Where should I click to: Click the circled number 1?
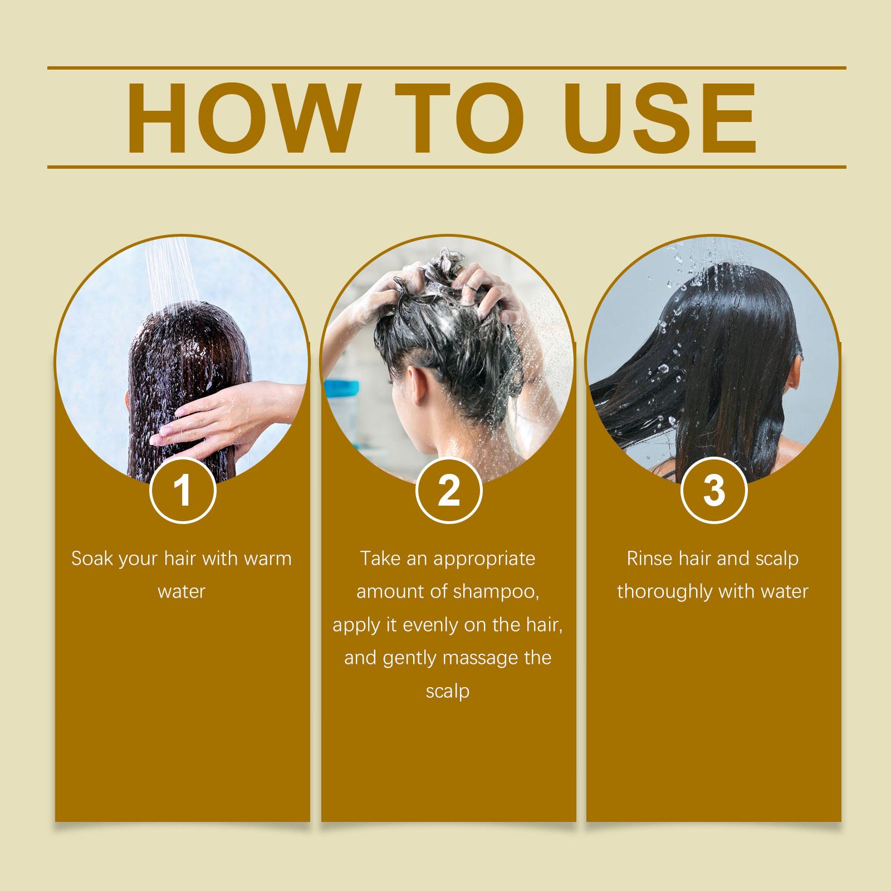(x=183, y=491)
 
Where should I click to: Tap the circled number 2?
(x=448, y=491)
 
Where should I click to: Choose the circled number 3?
(x=714, y=491)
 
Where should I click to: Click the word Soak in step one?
(x=92, y=558)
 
